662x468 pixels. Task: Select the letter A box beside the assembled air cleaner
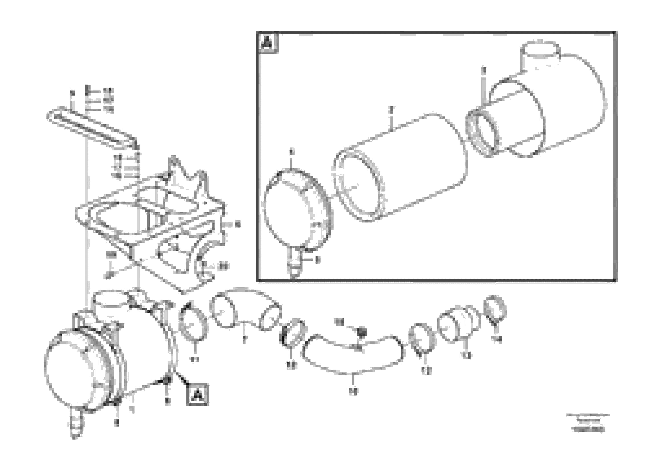click(197, 394)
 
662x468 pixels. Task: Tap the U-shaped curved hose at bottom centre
click(352, 358)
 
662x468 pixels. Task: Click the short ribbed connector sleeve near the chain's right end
click(459, 325)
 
